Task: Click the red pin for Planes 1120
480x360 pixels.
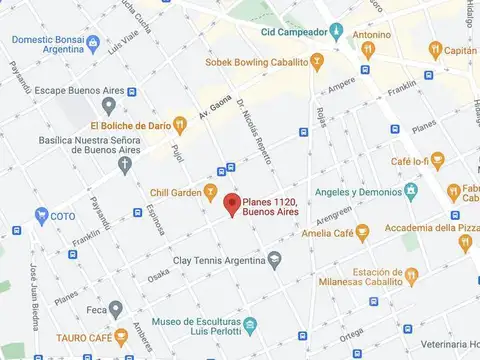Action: click(231, 206)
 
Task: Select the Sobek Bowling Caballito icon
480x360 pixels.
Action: click(316, 62)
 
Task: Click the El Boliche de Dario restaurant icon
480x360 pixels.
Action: click(179, 125)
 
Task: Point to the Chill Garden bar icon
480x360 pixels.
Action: click(210, 190)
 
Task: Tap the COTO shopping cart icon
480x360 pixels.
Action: click(42, 214)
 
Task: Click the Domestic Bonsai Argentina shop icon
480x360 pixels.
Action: click(93, 42)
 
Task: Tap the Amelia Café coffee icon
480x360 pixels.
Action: click(362, 232)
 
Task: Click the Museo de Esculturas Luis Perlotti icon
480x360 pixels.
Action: click(251, 323)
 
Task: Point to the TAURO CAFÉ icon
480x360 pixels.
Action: click(121, 337)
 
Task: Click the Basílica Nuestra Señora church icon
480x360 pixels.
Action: click(124, 164)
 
